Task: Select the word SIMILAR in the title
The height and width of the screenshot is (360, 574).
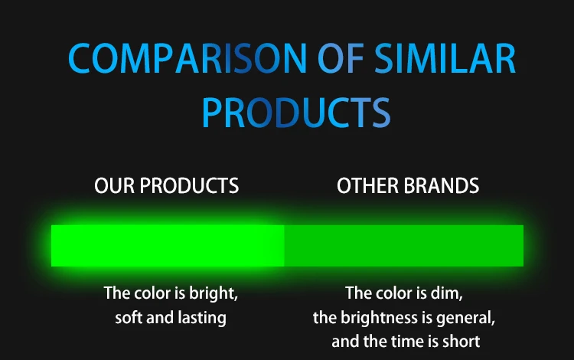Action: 445,59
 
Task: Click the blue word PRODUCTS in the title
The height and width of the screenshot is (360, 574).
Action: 296,112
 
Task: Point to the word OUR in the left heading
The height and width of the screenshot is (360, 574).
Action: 114,185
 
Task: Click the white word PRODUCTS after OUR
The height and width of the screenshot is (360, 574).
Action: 189,185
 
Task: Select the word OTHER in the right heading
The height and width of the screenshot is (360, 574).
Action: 367,185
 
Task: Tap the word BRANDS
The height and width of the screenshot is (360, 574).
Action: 441,185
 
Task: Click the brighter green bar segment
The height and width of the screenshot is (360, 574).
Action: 168,246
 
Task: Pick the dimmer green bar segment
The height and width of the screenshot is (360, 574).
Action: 404,246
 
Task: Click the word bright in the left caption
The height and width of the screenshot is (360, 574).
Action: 213,293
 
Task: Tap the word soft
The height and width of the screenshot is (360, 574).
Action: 129,318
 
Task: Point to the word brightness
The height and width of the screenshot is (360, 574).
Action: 380,318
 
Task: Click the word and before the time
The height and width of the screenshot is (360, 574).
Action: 345,342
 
